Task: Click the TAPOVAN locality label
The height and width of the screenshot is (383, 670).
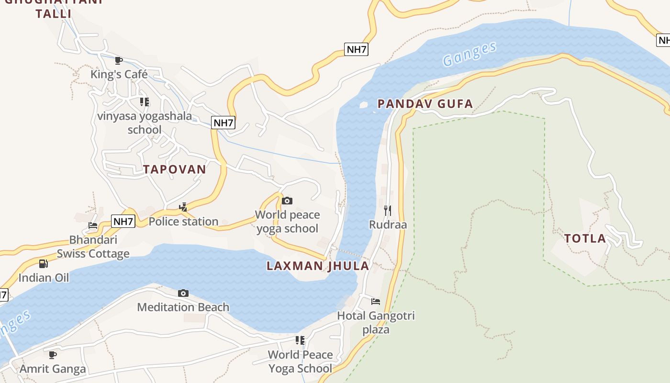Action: tap(174, 169)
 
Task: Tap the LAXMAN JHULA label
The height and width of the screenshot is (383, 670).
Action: tap(318, 266)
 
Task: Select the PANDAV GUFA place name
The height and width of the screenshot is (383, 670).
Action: tap(425, 104)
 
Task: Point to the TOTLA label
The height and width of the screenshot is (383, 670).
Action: tap(585, 238)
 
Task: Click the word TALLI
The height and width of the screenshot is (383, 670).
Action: tap(53, 13)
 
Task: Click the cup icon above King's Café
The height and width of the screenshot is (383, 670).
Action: tap(119, 60)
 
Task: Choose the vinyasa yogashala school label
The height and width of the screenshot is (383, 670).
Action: tap(145, 123)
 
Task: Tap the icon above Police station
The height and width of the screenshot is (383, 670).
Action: tap(183, 207)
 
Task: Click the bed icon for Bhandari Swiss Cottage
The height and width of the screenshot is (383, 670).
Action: tap(93, 225)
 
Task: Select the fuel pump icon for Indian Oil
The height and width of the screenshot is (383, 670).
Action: tap(44, 264)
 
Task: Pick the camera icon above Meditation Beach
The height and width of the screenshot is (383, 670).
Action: tap(183, 293)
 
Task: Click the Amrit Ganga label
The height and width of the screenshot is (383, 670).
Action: tap(53, 369)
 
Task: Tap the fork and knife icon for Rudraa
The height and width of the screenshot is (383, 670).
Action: tap(388, 210)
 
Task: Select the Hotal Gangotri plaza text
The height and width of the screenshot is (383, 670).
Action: tap(376, 322)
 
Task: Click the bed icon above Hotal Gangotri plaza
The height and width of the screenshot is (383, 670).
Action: tap(376, 302)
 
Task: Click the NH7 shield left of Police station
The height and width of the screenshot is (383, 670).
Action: tap(123, 221)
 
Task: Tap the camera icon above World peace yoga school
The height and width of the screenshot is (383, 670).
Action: tap(287, 201)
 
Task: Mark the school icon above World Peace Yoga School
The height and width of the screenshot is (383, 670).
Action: tap(300, 340)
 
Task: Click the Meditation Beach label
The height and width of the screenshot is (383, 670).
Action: tap(183, 307)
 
